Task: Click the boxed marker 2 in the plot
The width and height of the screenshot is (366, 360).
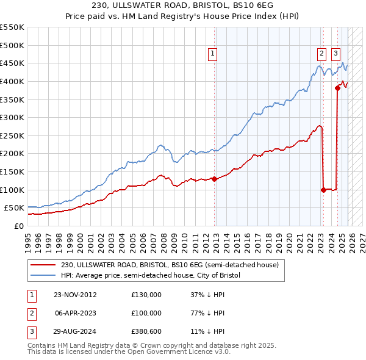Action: click(321, 53)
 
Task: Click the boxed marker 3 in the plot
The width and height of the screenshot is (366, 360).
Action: click(336, 53)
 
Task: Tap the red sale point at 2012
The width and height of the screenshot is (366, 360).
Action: click(215, 179)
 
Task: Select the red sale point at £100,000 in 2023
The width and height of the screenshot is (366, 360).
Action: click(323, 190)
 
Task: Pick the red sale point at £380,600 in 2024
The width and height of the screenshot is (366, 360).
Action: click(337, 88)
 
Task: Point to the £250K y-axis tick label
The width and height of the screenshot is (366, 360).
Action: click(12, 135)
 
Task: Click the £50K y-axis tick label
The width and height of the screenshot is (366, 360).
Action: click(15, 208)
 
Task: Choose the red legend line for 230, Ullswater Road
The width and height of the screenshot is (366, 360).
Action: click(44, 265)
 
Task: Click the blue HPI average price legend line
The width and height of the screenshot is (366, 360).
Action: click(44, 276)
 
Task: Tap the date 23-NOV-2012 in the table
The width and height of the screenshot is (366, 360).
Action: click(74, 295)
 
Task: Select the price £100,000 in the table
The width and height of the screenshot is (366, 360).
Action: click(146, 313)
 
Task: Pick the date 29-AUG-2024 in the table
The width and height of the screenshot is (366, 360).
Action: click(74, 331)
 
